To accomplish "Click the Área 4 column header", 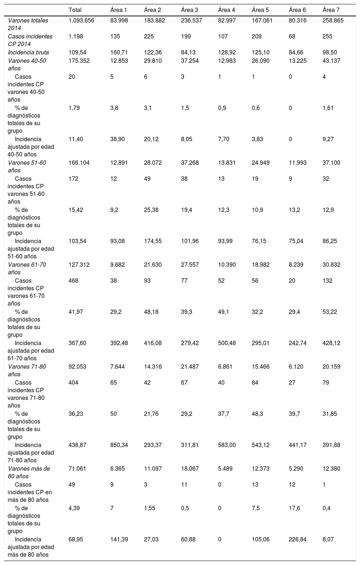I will (x=226, y=10).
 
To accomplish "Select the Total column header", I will (x=75, y=10).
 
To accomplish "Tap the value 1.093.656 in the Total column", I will (x=81, y=21).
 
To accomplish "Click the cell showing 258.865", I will (x=333, y=21).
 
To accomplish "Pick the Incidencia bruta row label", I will (x=28, y=53).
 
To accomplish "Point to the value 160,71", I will (x=118, y=53).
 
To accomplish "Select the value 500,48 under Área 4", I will (x=227, y=343).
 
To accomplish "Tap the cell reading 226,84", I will (x=298, y=540).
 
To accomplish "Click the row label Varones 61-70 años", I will (x=26, y=269).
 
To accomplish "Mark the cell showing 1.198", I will (x=75, y=37).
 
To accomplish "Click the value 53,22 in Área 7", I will (x=330, y=312).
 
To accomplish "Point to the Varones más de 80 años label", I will (x=29, y=472).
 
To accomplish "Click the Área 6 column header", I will (x=297, y=10).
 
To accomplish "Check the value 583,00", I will (x=227, y=445).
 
